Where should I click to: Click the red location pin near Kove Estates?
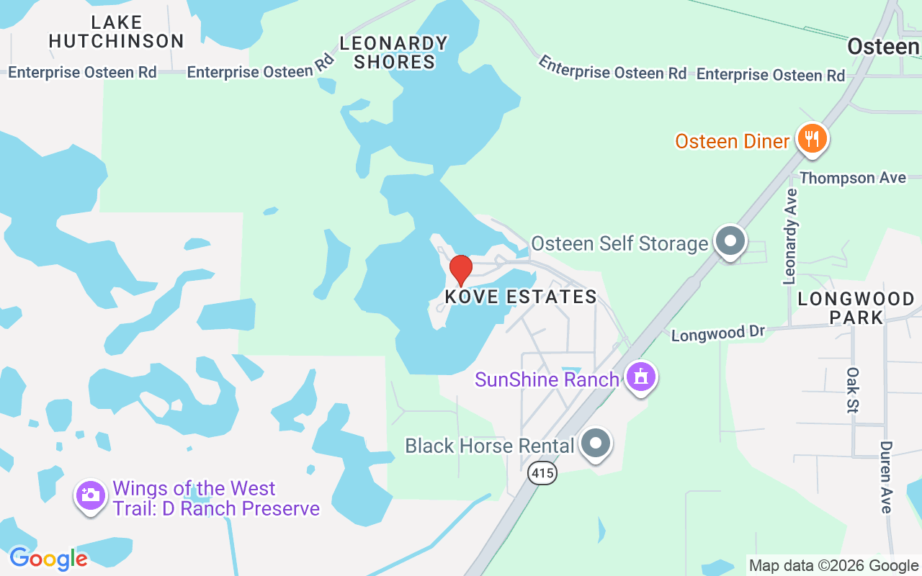(x=461, y=270)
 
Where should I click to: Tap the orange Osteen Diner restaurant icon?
(x=812, y=138)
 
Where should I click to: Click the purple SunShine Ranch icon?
(x=640, y=377)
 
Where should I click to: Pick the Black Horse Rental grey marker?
(x=596, y=444)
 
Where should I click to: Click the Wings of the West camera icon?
(x=90, y=495)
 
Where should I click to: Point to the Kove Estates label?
(x=521, y=297)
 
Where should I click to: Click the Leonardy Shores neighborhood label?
(x=394, y=53)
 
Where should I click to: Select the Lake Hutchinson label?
(x=117, y=32)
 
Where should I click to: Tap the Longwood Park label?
(x=856, y=307)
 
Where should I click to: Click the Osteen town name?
(x=883, y=47)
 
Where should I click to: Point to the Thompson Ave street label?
(x=852, y=178)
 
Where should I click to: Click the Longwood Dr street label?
(x=717, y=333)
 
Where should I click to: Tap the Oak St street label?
(x=853, y=390)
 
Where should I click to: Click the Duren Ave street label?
(x=886, y=477)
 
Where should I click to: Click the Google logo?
(x=48, y=558)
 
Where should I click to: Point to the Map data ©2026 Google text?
(x=833, y=566)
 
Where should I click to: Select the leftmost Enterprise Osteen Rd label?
(x=82, y=72)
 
